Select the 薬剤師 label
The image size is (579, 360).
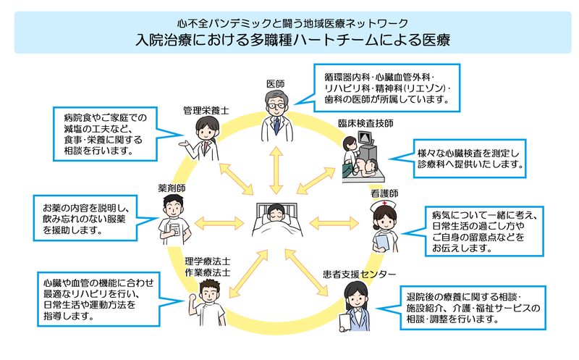pos(172,188)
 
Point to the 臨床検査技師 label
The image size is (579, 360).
pos(366,124)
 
